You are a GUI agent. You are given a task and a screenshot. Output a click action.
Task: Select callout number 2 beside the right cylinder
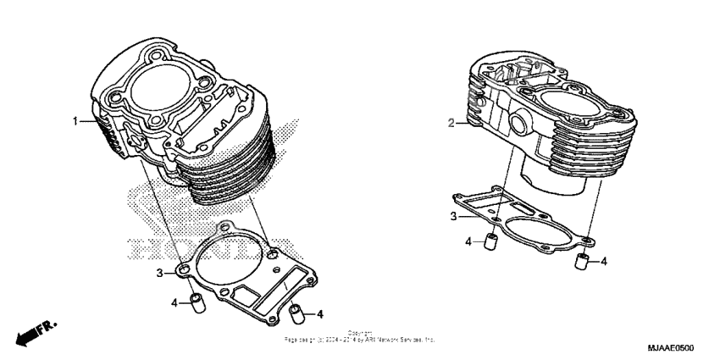[x=451, y=125]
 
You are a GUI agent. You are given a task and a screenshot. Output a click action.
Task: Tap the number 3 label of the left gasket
[x=158, y=273]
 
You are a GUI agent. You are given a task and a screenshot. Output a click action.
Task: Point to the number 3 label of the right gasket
[x=453, y=217]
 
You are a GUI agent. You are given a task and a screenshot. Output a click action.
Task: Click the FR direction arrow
[x=30, y=333]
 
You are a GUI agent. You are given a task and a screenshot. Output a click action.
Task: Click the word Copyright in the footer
[x=360, y=333]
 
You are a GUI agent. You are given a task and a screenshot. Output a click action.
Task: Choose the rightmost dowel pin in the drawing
[x=581, y=261]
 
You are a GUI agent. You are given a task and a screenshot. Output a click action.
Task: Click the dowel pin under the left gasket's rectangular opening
[x=295, y=313]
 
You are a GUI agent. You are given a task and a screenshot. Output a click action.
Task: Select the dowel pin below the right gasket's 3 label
[x=489, y=243]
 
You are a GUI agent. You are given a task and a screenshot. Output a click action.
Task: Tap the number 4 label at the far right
[x=603, y=262]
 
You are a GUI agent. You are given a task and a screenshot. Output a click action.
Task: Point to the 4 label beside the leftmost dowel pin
[x=174, y=302]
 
